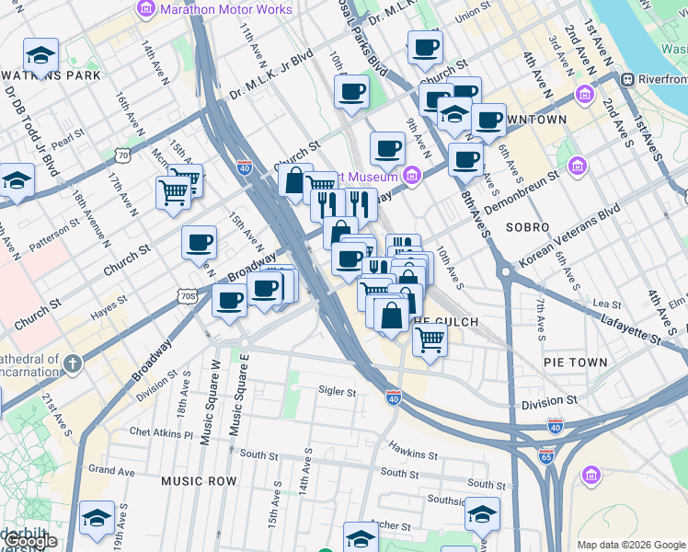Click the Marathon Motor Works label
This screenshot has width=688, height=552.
(x=225, y=10)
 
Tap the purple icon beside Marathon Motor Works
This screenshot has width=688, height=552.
(x=145, y=10)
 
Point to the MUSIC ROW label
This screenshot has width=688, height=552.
(x=199, y=481)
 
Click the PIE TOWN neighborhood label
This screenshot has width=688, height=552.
(x=576, y=363)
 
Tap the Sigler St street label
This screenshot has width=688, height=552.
(x=337, y=392)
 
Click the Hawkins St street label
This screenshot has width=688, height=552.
(x=411, y=453)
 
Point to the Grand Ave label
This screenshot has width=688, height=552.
(x=111, y=471)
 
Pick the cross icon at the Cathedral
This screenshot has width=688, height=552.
(x=73, y=363)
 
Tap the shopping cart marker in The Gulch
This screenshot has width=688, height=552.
(x=430, y=339)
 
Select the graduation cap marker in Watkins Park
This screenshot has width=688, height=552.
(x=40, y=55)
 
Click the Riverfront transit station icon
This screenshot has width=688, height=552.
(x=631, y=80)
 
